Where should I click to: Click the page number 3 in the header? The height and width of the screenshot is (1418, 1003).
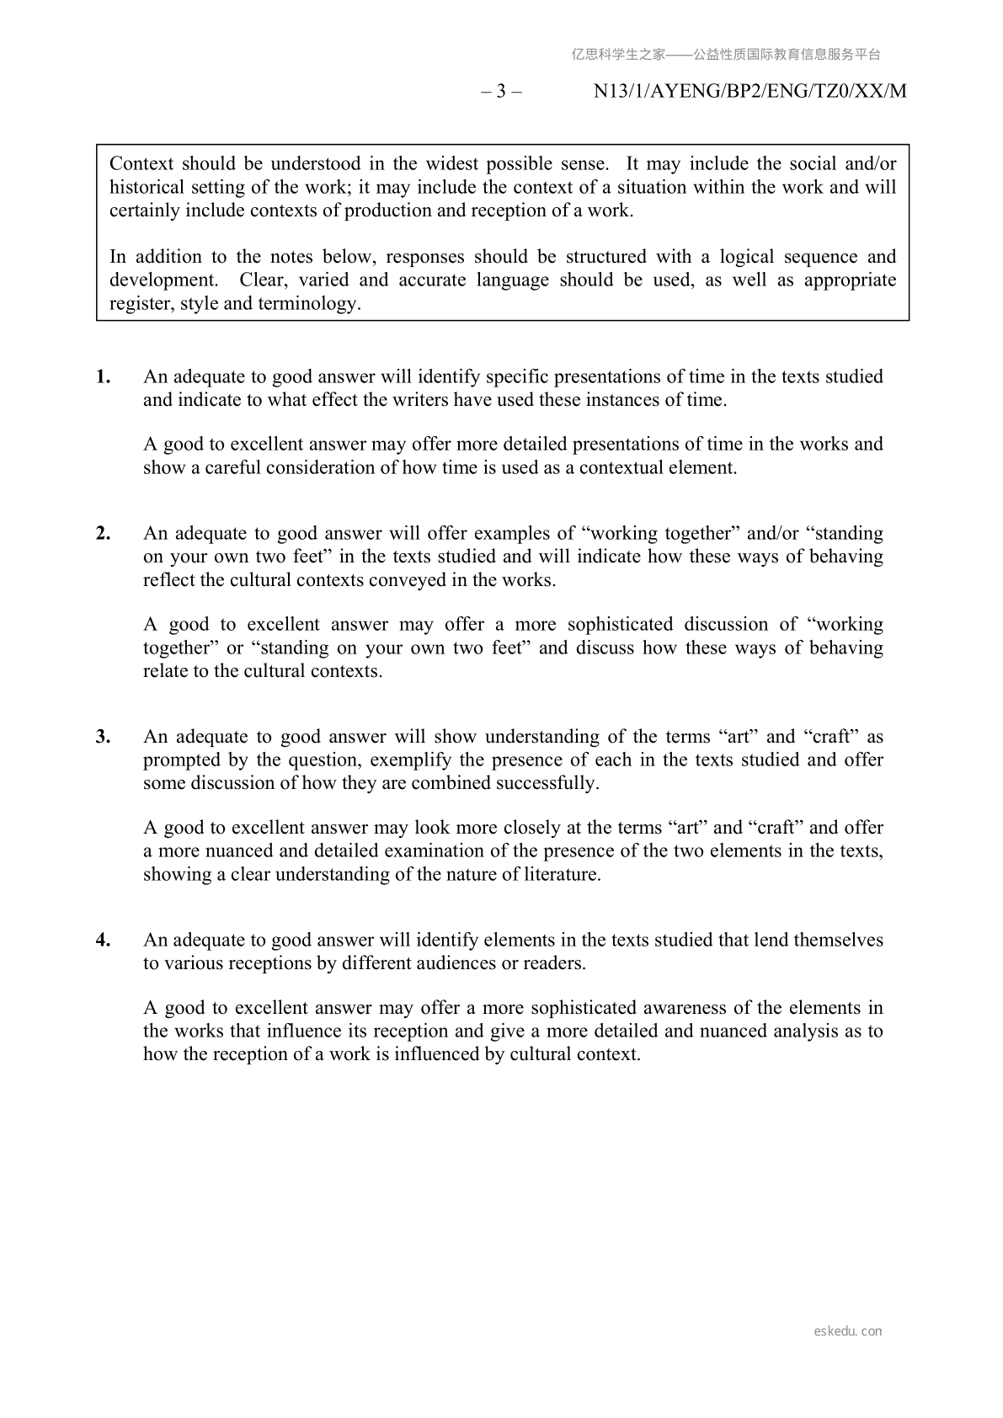pyautogui.click(x=501, y=92)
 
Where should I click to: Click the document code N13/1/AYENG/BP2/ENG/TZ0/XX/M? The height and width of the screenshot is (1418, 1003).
pyautogui.click(x=750, y=92)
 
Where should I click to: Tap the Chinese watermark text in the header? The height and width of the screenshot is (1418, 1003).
pyautogui.click(x=726, y=55)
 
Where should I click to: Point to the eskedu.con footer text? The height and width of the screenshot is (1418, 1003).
pyautogui.click(x=848, y=1331)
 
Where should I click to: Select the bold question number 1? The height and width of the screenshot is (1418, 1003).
pyautogui.click(x=103, y=376)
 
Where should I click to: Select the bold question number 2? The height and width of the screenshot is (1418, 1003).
pyautogui.click(x=103, y=533)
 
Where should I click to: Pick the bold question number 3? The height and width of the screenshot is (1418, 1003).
pyautogui.click(x=103, y=737)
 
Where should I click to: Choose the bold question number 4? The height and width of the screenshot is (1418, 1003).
pyautogui.click(x=103, y=940)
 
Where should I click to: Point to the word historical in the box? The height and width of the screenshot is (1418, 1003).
pyautogui.click(x=146, y=187)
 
